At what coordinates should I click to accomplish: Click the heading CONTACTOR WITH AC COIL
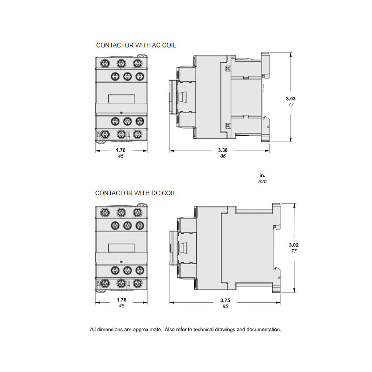pos(136,45)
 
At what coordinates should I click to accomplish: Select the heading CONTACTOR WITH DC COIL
pos(135,193)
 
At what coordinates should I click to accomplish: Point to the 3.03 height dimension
pos(291,98)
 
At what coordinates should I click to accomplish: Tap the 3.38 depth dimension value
pos(223,150)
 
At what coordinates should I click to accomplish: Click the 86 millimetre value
pos(223,157)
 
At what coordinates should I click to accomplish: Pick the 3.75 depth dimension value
pos(225,300)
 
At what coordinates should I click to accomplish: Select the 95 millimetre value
pos(225,306)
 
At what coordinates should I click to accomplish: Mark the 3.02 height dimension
pos(293,245)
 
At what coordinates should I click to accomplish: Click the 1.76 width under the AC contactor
pos(121,150)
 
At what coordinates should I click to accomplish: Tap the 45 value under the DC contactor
pos(121,306)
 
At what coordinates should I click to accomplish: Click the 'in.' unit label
pos(262,175)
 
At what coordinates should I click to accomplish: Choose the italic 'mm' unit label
pos(262,181)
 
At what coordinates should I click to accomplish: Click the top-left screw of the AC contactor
pos(105,63)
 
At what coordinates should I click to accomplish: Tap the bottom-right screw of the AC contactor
pos(137,134)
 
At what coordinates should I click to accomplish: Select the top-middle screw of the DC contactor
pos(121,213)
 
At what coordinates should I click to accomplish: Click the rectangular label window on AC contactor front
pos(121,98)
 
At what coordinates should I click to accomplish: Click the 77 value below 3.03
pos(291,105)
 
